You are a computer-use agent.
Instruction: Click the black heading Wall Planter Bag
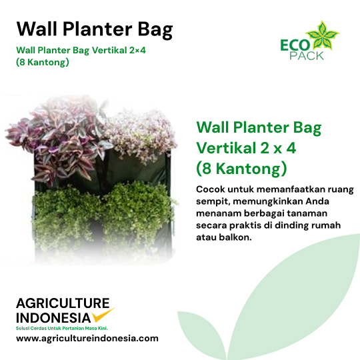(x=95, y=30)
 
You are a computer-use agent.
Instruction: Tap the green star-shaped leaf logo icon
(x=323, y=35)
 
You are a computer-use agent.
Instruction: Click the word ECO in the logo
(x=295, y=45)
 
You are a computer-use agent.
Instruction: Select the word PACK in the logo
(x=307, y=56)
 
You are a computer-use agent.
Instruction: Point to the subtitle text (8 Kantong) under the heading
(x=43, y=62)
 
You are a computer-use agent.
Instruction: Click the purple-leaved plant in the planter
(x=62, y=143)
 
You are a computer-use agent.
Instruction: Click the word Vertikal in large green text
(x=226, y=147)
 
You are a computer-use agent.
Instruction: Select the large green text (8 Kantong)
(x=241, y=169)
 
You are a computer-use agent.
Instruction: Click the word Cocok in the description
(x=210, y=189)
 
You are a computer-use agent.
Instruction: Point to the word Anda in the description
(x=317, y=201)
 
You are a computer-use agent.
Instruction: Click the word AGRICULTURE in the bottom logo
(x=63, y=303)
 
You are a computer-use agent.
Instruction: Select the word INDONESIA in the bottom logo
(x=53, y=318)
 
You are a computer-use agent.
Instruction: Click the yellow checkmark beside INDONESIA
(x=103, y=315)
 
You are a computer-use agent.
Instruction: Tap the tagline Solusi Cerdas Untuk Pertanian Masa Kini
(x=62, y=328)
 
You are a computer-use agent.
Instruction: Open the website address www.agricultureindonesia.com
(x=87, y=339)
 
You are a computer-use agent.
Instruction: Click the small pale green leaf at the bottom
(x=200, y=333)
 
